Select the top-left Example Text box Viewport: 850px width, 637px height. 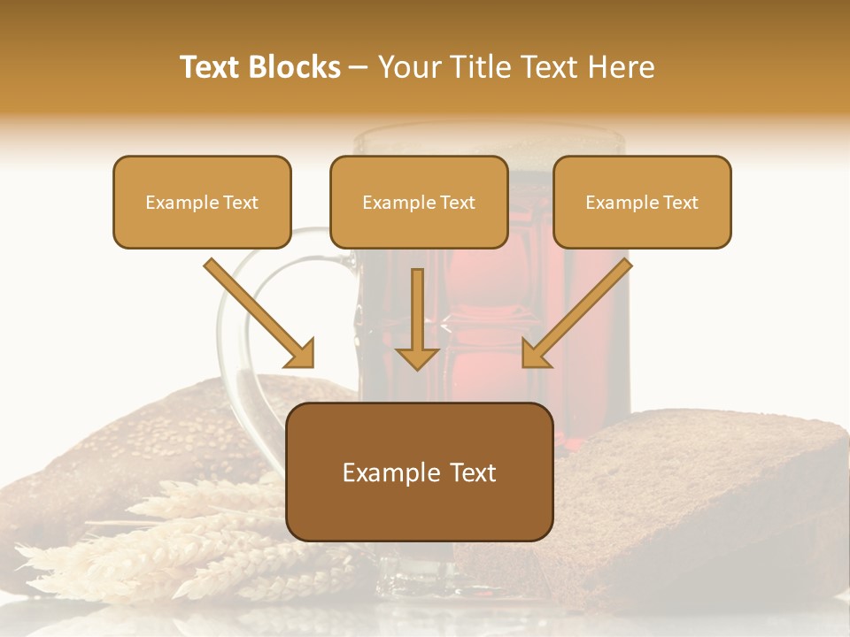click(x=202, y=203)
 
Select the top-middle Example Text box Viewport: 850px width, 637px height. click(x=419, y=203)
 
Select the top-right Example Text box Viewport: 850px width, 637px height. click(x=642, y=203)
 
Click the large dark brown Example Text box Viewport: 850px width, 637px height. click(x=419, y=472)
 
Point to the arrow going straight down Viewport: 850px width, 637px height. click(x=417, y=314)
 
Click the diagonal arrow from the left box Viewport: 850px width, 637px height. click(x=257, y=311)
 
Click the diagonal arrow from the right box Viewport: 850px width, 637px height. click(x=579, y=311)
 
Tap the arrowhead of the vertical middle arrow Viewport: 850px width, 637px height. click(x=417, y=357)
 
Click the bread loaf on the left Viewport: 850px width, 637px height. click(x=133, y=442)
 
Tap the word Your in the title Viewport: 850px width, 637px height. click(x=406, y=67)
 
